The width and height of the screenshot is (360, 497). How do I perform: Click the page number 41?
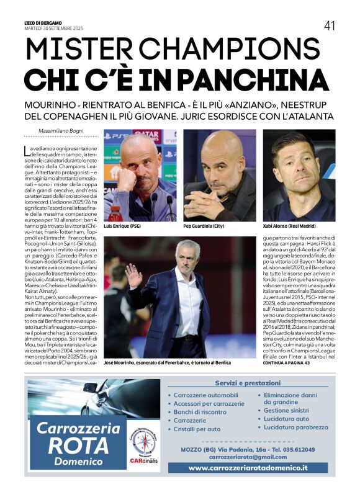tap(329, 25)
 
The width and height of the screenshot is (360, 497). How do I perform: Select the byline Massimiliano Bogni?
tap(61, 131)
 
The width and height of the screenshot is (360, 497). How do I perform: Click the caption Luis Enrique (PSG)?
tap(124, 226)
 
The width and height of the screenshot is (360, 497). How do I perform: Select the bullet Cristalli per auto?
tap(197, 429)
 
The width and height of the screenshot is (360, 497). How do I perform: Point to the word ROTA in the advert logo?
tap(78, 446)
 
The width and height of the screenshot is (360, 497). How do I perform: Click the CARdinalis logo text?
tap(143, 460)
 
